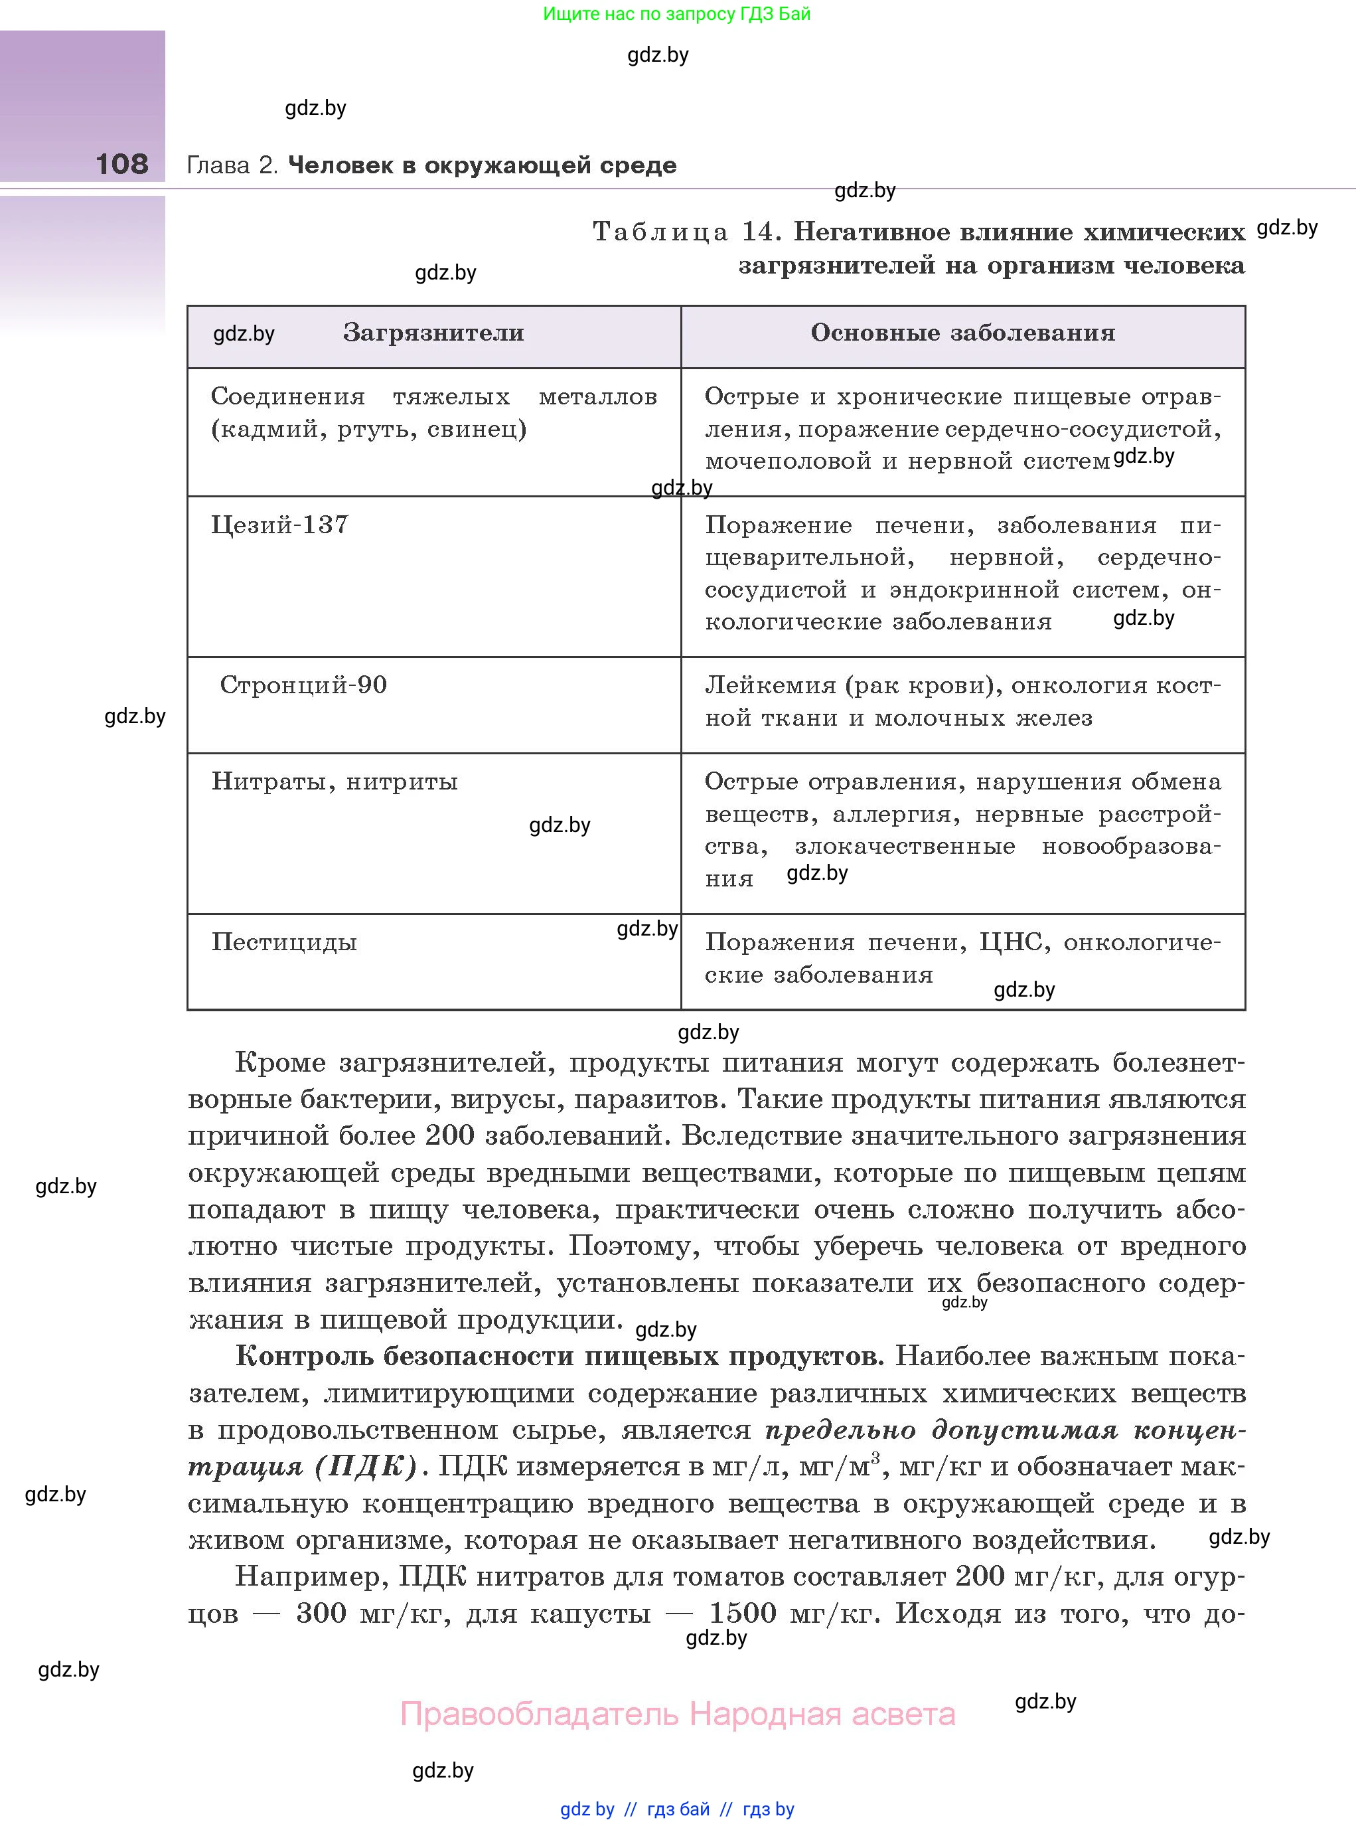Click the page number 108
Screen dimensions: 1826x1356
(x=121, y=163)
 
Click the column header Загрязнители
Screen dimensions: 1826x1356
(x=433, y=333)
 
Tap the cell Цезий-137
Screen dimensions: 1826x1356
(x=280, y=525)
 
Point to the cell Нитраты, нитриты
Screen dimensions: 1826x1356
(x=334, y=781)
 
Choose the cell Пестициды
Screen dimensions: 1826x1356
(x=284, y=942)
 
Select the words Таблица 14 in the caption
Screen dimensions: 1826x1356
(x=684, y=232)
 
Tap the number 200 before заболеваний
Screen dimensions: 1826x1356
(x=450, y=1135)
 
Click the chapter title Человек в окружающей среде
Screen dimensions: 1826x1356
(x=482, y=165)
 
